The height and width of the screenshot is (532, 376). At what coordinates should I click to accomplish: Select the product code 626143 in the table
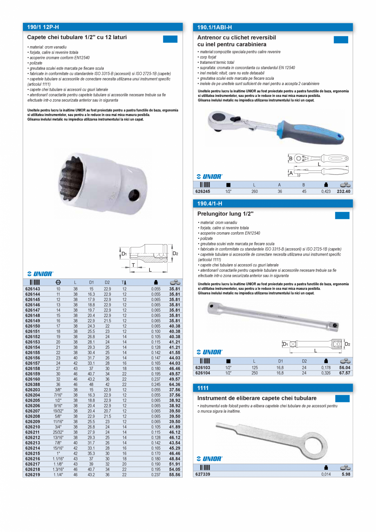[x=33, y=289]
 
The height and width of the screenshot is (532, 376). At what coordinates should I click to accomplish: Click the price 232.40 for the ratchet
[x=343, y=191]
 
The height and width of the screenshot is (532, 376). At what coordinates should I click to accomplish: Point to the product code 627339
[x=203, y=474]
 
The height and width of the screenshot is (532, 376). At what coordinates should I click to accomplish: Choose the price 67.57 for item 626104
[x=343, y=373]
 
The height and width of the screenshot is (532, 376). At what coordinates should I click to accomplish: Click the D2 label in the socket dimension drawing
[x=175, y=254]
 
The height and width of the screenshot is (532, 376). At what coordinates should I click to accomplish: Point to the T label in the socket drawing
[x=133, y=265]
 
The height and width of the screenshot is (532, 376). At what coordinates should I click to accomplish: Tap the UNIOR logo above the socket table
[x=40, y=274]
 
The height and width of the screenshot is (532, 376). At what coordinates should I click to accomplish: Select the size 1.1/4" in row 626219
[x=58, y=475]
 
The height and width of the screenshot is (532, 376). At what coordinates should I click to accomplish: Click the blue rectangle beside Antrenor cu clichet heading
[x=341, y=40]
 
